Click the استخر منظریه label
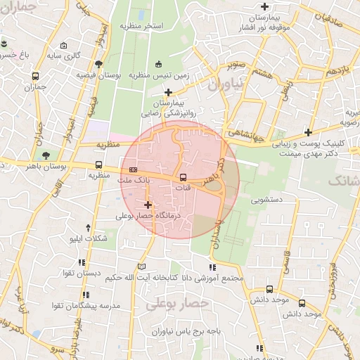141,26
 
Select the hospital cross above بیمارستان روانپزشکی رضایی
167,92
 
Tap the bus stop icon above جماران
35,77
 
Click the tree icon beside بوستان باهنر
46,155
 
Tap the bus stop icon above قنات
183,177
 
